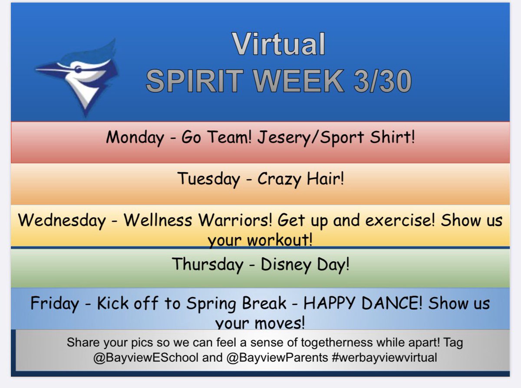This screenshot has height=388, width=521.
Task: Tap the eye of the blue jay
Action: (78, 68)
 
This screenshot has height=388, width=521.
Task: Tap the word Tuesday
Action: (208, 179)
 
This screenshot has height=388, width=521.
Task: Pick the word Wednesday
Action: (62, 220)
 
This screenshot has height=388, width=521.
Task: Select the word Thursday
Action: (208, 264)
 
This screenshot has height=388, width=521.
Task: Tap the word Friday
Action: (55, 303)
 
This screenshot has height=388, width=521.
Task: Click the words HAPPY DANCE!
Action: (363, 303)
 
